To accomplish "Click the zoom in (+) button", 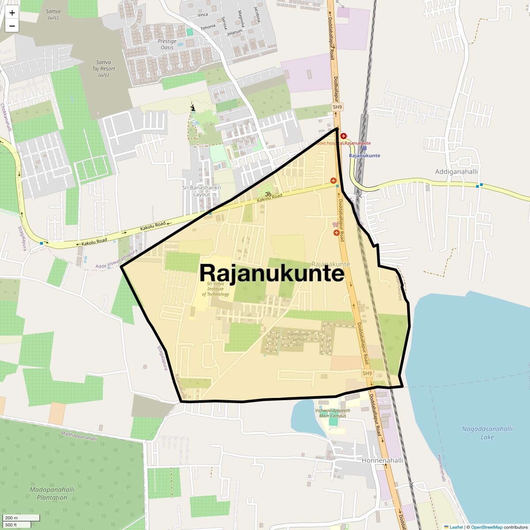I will tap(12, 13).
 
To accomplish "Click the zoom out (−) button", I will tap(12, 26).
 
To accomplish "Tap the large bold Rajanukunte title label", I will tap(272, 273).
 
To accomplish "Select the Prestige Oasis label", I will tap(167, 44).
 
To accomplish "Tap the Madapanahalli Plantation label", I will tap(52, 493).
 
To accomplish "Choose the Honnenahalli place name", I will tap(382, 460).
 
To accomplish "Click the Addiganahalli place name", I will tap(456, 172).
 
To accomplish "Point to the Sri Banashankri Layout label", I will tap(202, 191).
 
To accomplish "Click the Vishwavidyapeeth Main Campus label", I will tap(333, 413).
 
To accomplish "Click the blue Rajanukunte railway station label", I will tap(364, 155).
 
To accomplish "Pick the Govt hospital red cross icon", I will tap(343, 136).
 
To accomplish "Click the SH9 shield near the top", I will tap(337, 107).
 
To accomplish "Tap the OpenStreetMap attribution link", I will tap(486, 527).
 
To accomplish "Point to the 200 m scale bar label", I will tap(11, 518).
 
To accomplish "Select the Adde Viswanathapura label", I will tap(117, 259).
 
